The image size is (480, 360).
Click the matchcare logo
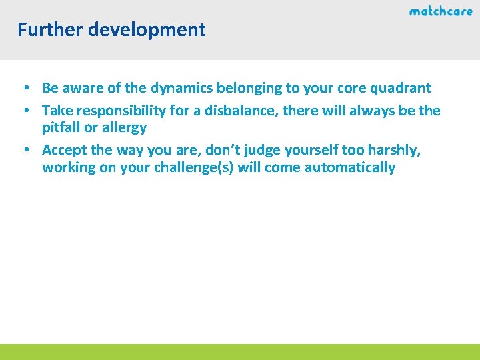441,11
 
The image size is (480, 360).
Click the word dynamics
181,88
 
